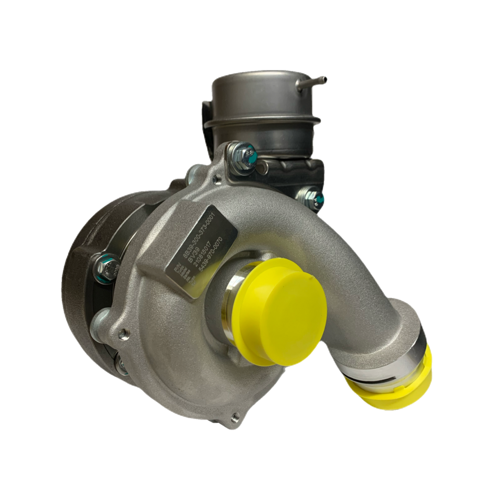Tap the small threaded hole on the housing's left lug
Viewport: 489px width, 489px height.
pyautogui.click(x=125, y=332)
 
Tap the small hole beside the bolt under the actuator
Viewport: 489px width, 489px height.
pyautogui.click(x=218, y=180)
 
